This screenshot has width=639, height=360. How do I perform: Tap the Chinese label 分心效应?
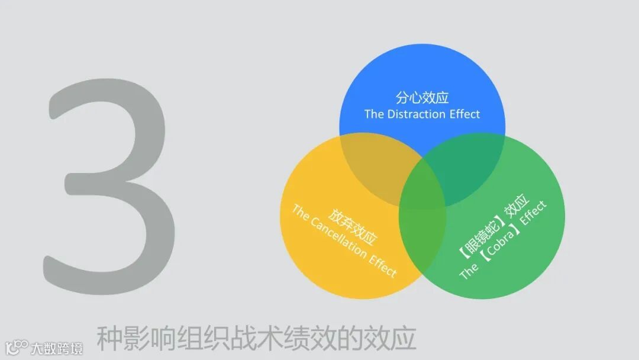pos(422,98)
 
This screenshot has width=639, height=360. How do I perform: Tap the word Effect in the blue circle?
pos(464,114)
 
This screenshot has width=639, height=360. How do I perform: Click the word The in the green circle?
pos(469,271)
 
